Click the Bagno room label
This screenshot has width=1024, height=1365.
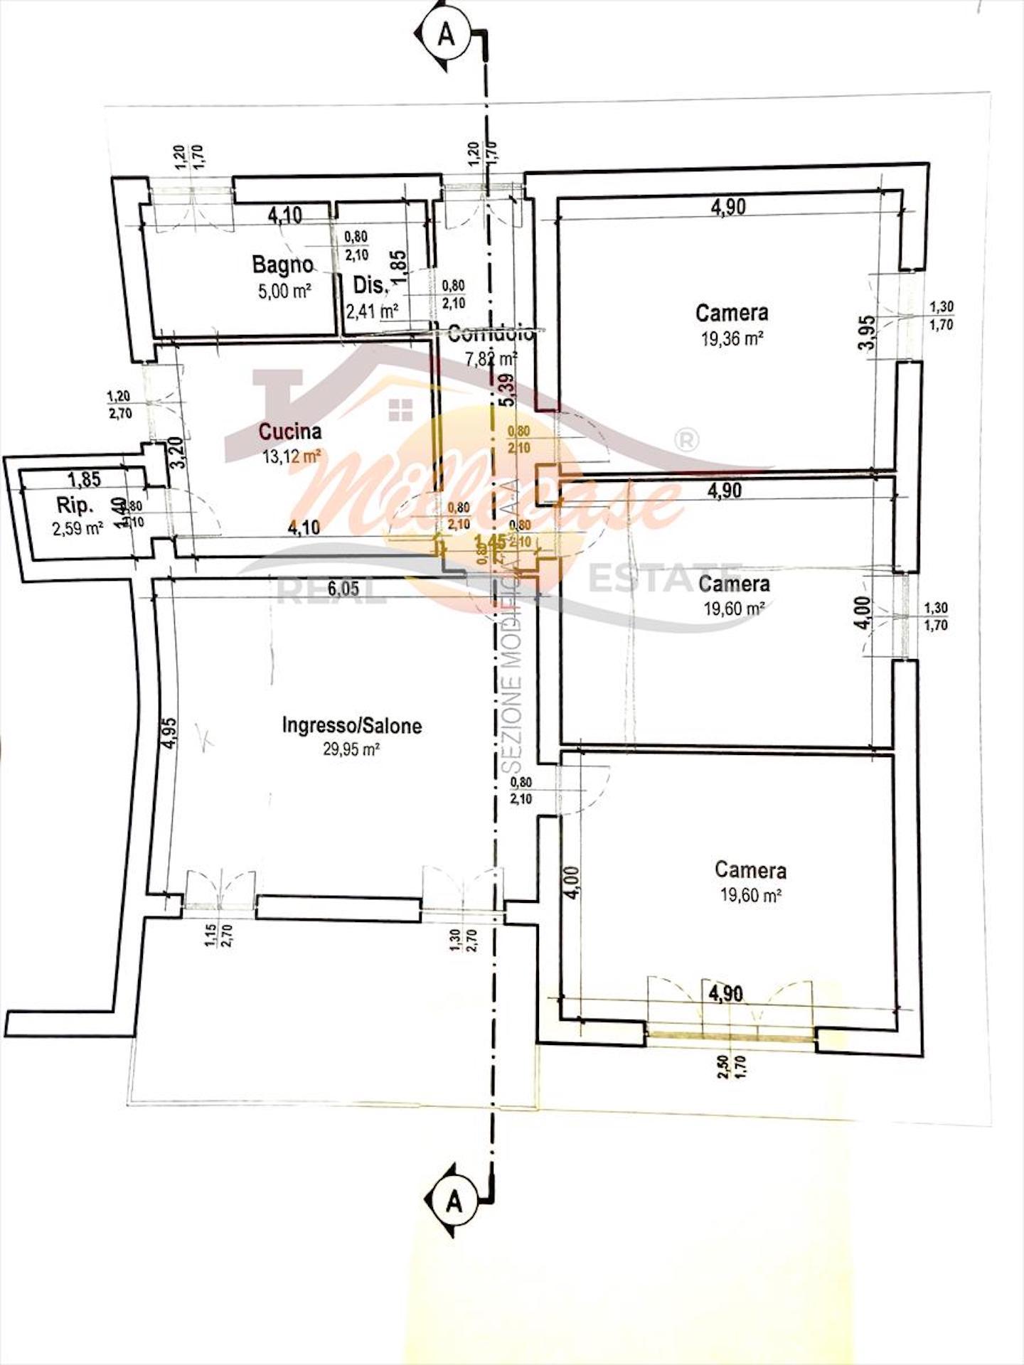click(282, 264)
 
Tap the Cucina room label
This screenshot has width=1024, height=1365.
click(289, 431)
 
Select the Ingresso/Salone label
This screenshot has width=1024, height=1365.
click(352, 726)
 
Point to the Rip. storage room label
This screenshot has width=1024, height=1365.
click(74, 505)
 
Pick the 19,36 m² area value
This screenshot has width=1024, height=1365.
click(732, 338)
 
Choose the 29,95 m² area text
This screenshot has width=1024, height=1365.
click(352, 749)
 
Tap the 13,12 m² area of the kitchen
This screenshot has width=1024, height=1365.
click(292, 456)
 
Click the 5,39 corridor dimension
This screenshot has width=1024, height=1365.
click(506, 390)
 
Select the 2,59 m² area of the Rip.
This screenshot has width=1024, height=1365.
click(78, 528)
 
